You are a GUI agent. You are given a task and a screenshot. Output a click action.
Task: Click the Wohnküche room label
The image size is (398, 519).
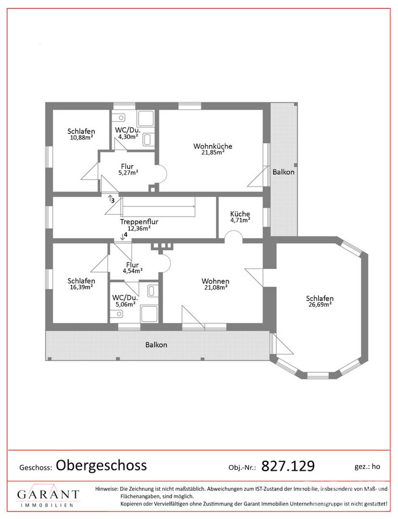[x=213, y=146]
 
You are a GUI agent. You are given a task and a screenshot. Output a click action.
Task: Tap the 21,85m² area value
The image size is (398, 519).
[x=213, y=152]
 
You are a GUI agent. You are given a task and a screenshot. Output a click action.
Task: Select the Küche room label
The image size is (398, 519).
[x=240, y=214]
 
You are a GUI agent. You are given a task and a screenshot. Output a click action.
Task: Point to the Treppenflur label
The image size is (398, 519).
[x=139, y=222]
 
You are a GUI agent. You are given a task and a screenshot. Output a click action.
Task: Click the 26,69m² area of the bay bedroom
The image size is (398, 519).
[x=320, y=305]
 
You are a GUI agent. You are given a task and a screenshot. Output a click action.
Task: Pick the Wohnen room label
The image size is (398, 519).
[x=216, y=281]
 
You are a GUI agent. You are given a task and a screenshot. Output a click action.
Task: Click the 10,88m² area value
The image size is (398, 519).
[x=81, y=137]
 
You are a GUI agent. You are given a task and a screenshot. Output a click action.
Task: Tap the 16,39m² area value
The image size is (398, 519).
[x=81, y=287]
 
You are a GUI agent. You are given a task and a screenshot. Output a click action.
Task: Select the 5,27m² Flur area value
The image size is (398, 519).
[x=128, y=173]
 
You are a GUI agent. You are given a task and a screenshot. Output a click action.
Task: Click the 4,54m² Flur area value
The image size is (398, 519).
[x=133, y=271]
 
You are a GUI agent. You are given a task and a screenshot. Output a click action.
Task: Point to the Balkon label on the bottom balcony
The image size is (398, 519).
[x=157, y=345]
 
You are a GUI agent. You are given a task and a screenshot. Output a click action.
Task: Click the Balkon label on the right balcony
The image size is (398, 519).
[x=283, y=172]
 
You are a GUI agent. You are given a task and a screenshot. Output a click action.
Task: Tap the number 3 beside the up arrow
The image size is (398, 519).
[x=113, y=200]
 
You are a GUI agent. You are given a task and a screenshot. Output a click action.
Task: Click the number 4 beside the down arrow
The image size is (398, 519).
[x=125, y=235]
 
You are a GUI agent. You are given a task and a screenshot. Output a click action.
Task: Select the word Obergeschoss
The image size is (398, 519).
[x=101, y=465]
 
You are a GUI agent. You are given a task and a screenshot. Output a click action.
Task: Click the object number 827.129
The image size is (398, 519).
[x=288, y=466]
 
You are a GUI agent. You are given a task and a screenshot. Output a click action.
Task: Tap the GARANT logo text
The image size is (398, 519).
[x=48, y=494]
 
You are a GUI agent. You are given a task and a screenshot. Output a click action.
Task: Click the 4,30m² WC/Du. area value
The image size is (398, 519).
[x=128, y=136]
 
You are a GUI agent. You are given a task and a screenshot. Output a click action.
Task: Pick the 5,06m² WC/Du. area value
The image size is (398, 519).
[x=125, y=304]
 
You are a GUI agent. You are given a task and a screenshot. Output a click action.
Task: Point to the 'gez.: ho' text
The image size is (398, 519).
[x=367, y=467]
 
